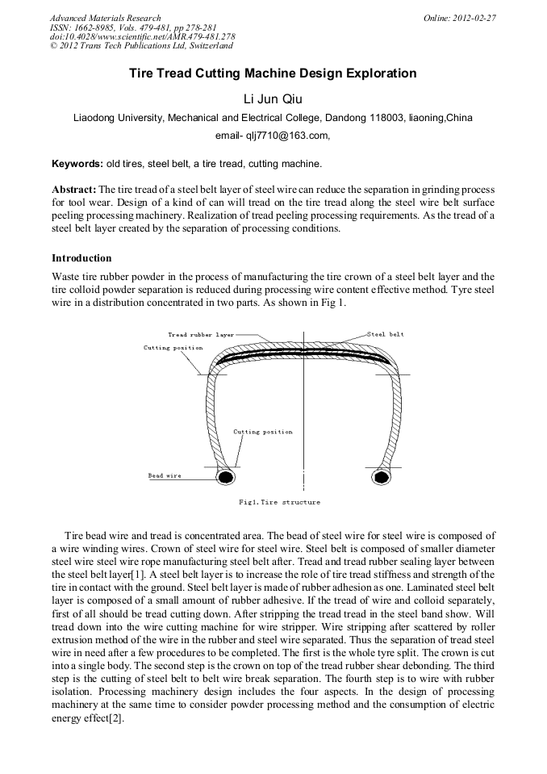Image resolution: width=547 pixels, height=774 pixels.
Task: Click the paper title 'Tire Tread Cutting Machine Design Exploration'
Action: (x=273, y=73)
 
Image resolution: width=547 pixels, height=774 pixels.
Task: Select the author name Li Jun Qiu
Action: (x=273, y=99)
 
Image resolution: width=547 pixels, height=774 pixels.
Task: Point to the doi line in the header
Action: (x=142, y=36)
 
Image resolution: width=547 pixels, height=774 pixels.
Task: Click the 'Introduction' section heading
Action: (x=81, y=258)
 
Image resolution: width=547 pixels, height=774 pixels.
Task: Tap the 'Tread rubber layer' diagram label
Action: (x=201, y=334)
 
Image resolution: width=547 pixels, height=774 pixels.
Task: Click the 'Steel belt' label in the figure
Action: (x=385, y=334)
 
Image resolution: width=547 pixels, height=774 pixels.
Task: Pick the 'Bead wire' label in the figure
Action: (x=165, y=476)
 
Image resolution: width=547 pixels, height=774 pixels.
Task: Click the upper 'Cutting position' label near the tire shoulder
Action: (x=173, y=348)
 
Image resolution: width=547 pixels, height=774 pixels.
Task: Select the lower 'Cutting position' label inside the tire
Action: (x=263, y=432)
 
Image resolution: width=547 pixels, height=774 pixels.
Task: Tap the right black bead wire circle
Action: (x=382, y=477)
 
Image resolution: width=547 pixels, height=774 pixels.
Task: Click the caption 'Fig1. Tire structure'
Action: (x=279, y=502)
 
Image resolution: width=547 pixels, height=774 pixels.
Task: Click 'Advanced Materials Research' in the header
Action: (x=105, y=18)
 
